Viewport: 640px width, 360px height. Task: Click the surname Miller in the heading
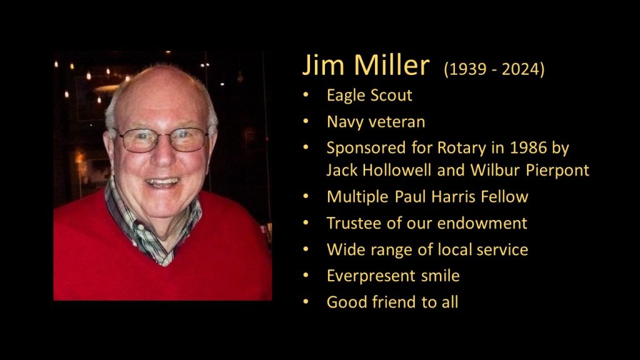(391, 66)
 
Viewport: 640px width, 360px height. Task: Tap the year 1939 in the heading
(465, 69)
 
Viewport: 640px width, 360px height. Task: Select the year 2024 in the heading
(520, 69)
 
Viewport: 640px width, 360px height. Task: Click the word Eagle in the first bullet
(345, 96)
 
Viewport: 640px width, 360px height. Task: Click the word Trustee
(351, 223)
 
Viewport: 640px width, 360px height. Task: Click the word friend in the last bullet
(394, 302)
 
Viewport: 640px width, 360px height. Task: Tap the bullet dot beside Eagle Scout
(305, 96)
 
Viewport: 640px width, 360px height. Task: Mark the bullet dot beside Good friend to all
(305, 302)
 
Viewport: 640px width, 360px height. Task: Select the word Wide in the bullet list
(343, 249)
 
